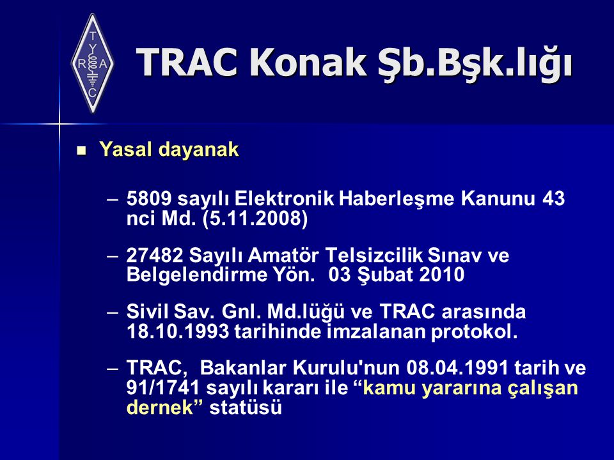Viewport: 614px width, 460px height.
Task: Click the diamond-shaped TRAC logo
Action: coord(92,63)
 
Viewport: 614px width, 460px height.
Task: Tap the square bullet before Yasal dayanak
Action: coord(81,151)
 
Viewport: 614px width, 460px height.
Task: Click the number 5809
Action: coord(149,198)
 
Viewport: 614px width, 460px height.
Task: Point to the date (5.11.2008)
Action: coord(255,218)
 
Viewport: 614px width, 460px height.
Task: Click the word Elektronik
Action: coord(284,198)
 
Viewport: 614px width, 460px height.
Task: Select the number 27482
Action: coord(155,256)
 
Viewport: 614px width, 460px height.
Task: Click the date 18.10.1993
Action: coord(178,332)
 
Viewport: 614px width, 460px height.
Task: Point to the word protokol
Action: coord(474,332)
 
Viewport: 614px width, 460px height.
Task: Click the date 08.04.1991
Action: coord(457,368)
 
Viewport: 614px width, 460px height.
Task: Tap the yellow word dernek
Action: coord(160,407)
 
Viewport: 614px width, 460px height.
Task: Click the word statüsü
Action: coord(246,407)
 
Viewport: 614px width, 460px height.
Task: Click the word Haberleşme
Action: coord(397,199)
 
